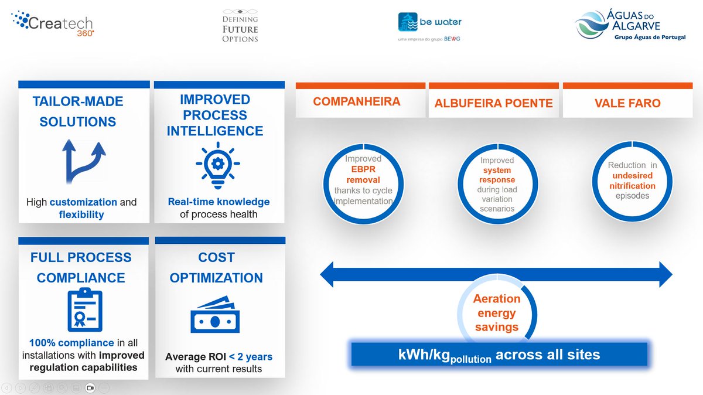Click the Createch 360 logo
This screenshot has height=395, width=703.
53,23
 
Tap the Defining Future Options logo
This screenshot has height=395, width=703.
240,25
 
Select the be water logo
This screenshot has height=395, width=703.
430,26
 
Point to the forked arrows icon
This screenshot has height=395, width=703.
82,162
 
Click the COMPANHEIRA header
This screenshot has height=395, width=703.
357,101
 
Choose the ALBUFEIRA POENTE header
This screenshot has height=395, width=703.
493,103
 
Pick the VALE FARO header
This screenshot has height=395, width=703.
627,103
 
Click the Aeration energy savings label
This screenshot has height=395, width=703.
497,313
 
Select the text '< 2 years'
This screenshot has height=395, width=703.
251,356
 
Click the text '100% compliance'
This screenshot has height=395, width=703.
71,343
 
